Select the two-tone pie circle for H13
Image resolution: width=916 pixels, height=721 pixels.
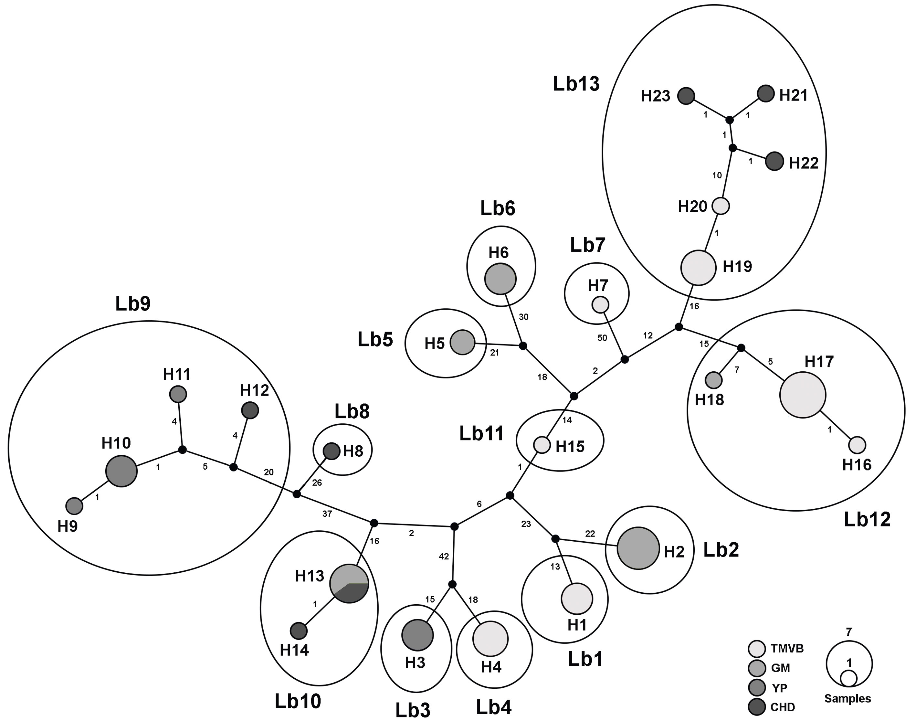click(x=349, y=583)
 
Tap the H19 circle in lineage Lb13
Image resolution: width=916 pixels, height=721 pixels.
click(x=698, y=268)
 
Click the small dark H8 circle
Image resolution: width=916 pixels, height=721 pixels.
click(x=331, y=451)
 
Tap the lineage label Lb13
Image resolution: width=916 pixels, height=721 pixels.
click(x=576, y=84)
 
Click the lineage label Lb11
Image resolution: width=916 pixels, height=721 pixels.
click(x=481, y=433)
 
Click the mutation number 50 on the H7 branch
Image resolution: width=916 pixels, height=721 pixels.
click(x=602, y=338)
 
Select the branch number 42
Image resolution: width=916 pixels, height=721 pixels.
click(x=443, y=557)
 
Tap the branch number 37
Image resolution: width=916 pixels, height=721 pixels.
click(x=327, y=514)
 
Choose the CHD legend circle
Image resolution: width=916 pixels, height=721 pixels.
click(x=756, y=707)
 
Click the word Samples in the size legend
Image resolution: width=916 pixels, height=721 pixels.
click(x=847, y=699)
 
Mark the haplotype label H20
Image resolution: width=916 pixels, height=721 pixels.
click(x=692, y=207)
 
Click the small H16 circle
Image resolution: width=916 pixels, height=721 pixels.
click(x=857, y=445)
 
